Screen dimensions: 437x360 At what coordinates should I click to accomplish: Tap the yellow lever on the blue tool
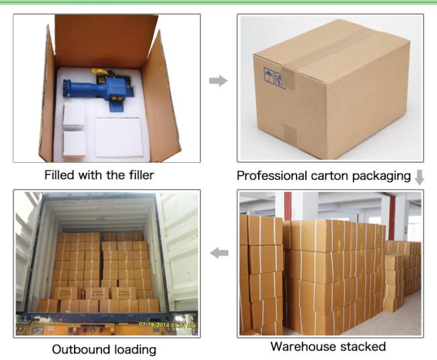(100, 72)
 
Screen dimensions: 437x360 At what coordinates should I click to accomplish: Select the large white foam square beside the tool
(119, 138)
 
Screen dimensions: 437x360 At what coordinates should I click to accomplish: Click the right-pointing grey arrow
(218, 81)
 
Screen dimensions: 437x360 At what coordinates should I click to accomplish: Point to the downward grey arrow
(420, 178)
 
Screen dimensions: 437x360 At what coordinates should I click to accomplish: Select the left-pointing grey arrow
(219, 253)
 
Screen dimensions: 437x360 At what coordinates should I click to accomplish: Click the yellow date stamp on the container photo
(167, 325)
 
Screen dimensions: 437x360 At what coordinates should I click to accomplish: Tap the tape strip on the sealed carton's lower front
(290, 135)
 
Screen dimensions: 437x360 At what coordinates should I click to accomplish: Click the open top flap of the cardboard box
(106, 40)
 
